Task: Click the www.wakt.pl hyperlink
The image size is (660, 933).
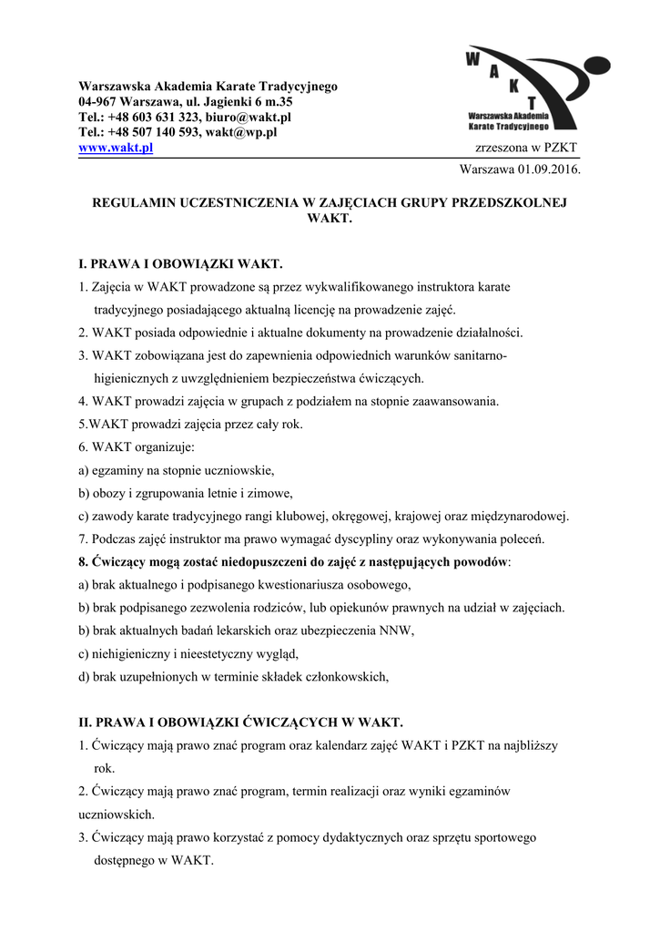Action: coord(116,148)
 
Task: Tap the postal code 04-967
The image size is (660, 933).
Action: coord(97,102)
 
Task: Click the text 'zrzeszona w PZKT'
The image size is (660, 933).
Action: coord(525,149)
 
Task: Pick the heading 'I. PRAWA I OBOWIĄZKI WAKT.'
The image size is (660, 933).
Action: coord(181,264)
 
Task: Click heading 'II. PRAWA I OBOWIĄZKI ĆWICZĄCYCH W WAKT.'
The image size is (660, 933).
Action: coord(240,723)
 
